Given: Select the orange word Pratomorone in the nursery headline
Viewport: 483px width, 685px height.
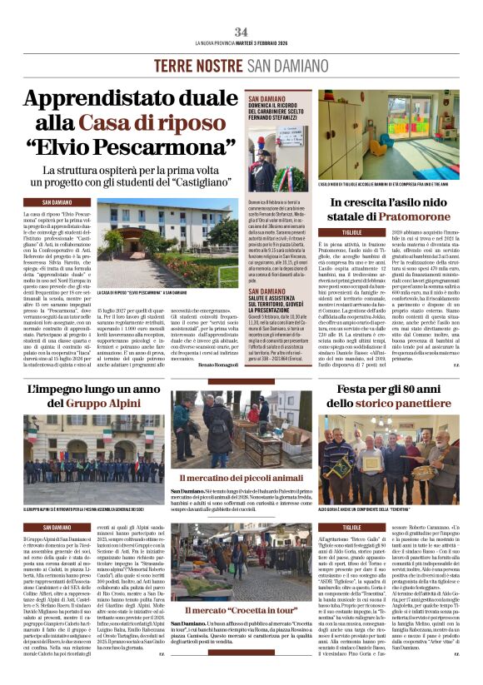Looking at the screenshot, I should pyautogui.click(x=413, y=215).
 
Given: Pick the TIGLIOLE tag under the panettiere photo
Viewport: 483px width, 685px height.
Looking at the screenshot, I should pyautogui.click(x=351, y=527).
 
